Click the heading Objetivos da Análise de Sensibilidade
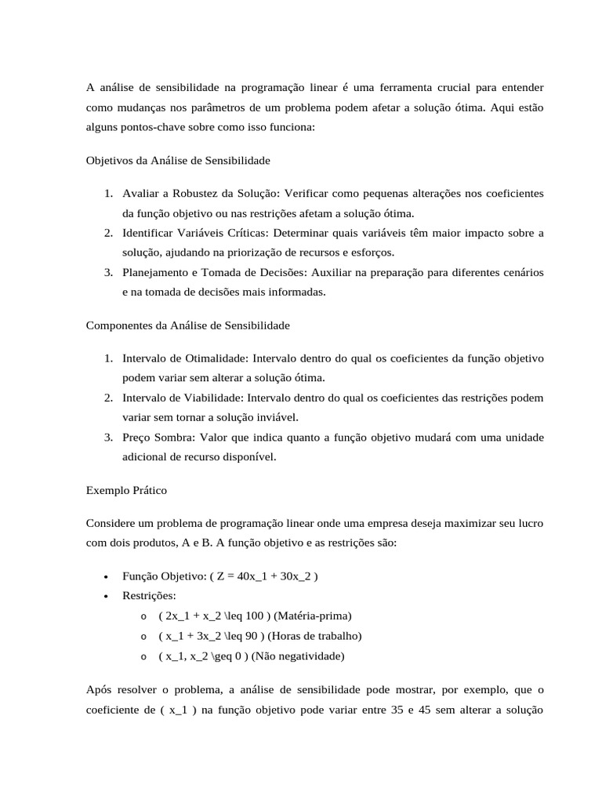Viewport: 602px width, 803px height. pos(177,161)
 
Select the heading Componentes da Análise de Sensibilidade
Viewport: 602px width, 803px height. pos(187,325)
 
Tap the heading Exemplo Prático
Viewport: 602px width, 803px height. pos(126,490)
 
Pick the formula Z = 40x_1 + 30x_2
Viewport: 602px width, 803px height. pos(263,576)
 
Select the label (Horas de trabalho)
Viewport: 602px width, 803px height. pos(313,636)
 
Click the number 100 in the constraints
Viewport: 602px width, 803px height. pos(254,616)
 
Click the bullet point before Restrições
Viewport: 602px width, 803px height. pos(106,596)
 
